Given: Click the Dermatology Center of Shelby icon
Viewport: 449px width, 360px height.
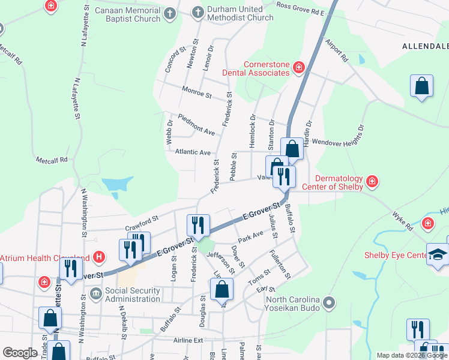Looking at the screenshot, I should (372, 181).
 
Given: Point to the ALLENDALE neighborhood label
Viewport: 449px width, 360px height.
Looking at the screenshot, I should (424, 46).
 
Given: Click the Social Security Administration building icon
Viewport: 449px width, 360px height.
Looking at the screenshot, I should (95, 294).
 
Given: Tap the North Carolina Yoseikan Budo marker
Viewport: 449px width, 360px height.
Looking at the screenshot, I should (328, 302).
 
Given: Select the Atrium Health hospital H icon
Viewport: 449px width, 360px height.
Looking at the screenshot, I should (100, 258).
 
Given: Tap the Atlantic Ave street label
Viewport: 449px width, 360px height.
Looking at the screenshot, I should (193, 152).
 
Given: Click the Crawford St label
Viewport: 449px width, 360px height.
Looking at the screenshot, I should (141, 224).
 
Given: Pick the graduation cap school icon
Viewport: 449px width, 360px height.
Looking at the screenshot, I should (438, 254).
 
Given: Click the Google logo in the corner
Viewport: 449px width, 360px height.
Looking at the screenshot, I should (19, 353).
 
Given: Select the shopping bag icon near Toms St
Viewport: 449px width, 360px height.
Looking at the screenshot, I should (221, 289).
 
